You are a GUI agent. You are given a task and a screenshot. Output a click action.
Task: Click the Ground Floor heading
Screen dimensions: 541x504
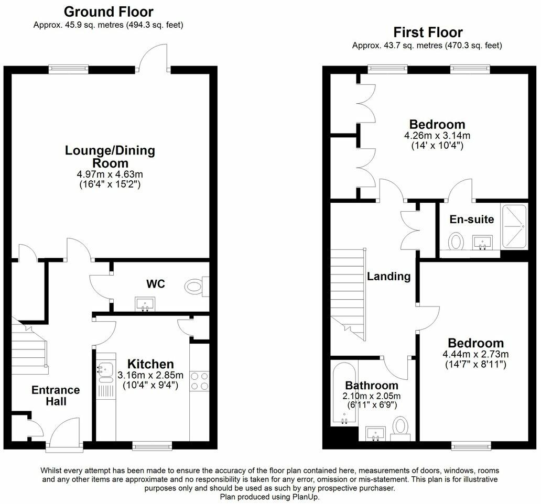[109, 12]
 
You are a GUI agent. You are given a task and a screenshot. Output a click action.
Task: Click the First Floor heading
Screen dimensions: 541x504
[428, 32]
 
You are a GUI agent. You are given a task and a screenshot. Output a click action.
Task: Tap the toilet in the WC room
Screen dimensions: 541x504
[197, 287]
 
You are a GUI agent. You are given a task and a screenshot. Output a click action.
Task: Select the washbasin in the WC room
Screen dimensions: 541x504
[145, 304]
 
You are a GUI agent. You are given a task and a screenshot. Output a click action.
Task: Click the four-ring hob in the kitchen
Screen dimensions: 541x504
[199, 381]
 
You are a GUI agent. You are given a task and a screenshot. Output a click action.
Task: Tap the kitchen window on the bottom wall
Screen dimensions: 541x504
[152, 446]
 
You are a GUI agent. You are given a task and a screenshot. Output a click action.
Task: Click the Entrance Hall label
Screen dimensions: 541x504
[56, 396]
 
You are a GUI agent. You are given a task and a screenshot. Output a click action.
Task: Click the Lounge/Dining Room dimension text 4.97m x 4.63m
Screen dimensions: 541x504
[110, 174]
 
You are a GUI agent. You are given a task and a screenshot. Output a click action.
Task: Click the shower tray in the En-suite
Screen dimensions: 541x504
[514, 226]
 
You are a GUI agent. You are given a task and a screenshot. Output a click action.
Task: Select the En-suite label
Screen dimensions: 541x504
[472, 219]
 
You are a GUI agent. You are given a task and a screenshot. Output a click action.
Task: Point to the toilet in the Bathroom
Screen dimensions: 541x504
[401, 428]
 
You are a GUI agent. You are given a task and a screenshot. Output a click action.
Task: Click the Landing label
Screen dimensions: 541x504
[388, 276]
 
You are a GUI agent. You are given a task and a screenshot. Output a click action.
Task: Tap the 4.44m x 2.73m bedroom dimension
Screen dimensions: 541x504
[475, 354]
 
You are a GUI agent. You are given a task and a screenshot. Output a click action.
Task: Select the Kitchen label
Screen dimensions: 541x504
[150, 364]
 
